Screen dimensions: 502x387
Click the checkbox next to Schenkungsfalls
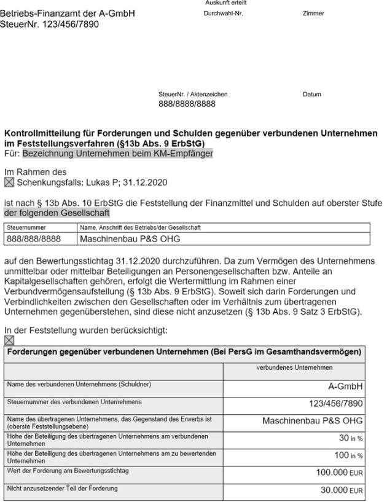click(x=9, y=182)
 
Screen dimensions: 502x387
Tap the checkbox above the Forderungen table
click(x=9, y=339)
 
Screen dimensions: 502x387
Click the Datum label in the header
click(x=311, y=95)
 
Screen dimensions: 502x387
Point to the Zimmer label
click(x=313, y=14)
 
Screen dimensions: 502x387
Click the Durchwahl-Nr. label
click(x=223, y=14)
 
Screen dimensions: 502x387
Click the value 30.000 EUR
click(x=340, y=490)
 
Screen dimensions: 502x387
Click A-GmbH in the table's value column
click(x=346, y=386)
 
